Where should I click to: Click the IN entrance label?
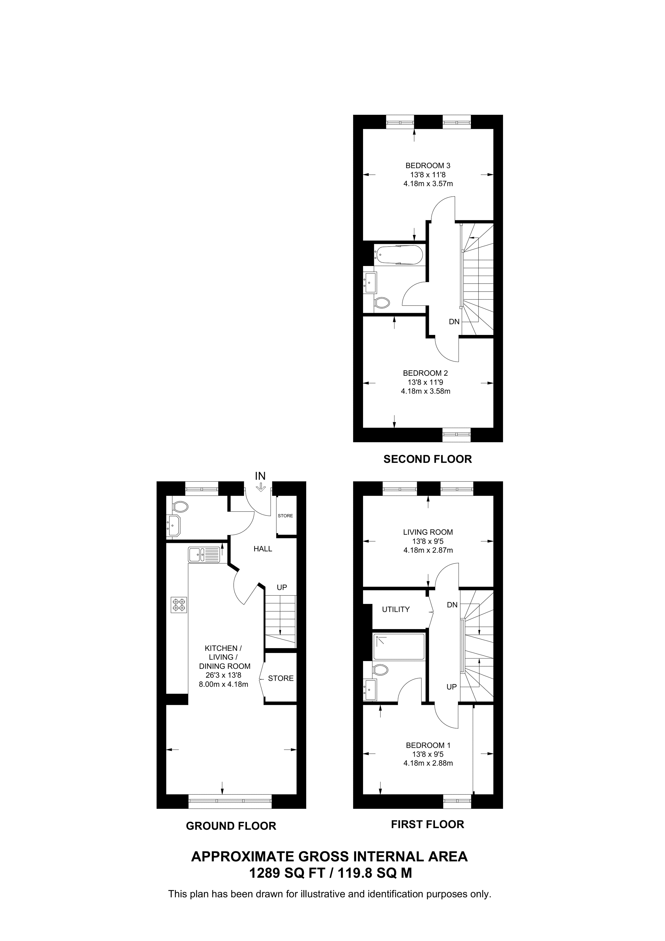[260, 476]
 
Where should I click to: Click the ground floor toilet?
[180, 507]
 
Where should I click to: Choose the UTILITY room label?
[395, 609]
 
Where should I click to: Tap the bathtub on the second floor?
[399, 255]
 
